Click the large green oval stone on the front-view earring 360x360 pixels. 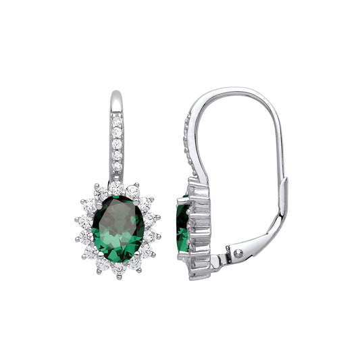click(x=118, y=229)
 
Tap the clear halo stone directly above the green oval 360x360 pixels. click(x=118, y=190)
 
